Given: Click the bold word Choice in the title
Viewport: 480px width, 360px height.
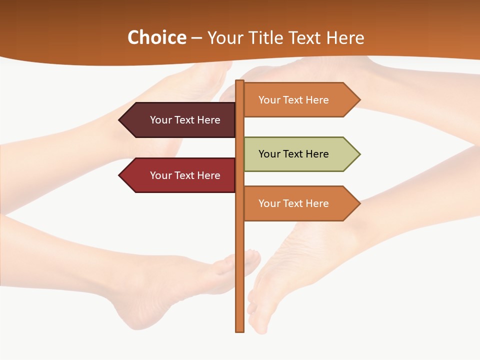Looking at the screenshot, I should tap(156, 37).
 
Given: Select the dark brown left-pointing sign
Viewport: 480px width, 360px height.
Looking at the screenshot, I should tap(180, 120).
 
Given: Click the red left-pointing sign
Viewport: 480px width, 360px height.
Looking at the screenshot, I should tap(180, 175).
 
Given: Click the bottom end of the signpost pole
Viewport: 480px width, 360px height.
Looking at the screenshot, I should tap(240, 330).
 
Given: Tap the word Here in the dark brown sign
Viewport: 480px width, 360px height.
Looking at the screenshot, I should tap(208, 120).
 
